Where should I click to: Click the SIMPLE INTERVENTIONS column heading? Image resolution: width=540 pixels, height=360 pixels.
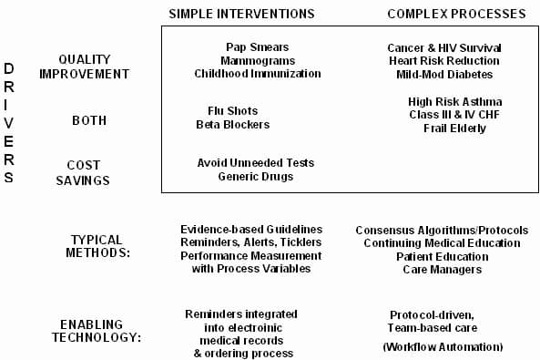[x=241, y=14]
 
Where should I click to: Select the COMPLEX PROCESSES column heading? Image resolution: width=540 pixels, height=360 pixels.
[x=456, y=14]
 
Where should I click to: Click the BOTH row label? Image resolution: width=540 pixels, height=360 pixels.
[x=89, y=119]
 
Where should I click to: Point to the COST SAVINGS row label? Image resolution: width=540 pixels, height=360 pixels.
[x=88, y=172]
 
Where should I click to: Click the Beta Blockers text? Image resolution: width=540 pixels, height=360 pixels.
[x=233, y=125]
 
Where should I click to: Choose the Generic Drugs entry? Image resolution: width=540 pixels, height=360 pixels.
[x=256, y=176]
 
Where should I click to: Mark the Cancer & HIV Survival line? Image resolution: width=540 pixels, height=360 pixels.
[x=444, y=47]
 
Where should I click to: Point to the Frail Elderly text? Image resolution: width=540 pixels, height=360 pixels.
[x=454, y=129]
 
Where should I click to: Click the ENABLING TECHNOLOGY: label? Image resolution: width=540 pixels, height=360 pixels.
[x=100, y=331]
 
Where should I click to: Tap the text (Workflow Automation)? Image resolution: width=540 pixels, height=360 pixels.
[x=442, y=347]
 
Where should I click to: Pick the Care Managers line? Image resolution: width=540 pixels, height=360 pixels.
[x=442, y=270]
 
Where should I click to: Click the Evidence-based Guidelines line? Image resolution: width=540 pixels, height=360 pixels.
[x=251, y=229]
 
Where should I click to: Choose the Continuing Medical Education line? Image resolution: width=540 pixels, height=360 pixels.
[x=442, y=243]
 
